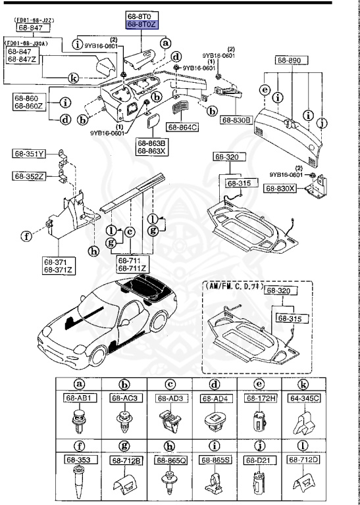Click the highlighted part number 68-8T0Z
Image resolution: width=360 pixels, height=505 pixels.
pos(142,25)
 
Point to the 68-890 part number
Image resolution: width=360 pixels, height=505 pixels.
pos(288,60)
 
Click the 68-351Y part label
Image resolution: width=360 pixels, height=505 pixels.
pos(29,155)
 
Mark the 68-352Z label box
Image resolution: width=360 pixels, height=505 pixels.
pos(29,176)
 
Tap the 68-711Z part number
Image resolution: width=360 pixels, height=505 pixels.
pos(132,268)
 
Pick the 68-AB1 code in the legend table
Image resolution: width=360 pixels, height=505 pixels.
pos(90,398)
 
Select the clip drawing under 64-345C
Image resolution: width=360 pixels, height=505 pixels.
pos(306,419)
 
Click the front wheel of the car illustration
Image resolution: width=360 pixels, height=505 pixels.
pos(98,356)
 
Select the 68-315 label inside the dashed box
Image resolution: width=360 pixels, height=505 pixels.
pos(289,318)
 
